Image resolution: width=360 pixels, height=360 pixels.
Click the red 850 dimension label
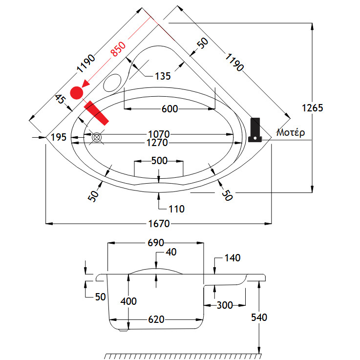tap(119, 49)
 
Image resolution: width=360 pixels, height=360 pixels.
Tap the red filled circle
tap(77, 92)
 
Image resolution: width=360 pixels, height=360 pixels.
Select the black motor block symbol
tap(254, 129)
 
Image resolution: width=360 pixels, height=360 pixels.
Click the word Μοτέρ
tap(291, 132)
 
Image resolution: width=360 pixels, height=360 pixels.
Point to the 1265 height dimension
tap(312, 108)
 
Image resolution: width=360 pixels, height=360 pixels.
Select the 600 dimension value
tap(169, 108)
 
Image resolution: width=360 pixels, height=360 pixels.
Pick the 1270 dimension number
tap(159, 143)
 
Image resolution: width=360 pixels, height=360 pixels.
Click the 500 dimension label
tap(159, 161)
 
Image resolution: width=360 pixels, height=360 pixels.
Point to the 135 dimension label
tap(163, 76)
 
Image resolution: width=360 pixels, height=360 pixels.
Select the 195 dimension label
tap(58, 138)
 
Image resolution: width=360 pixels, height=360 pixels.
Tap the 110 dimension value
tap(176, 209)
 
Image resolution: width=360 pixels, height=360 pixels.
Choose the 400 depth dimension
tap(128, 301)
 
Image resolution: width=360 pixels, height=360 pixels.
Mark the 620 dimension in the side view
tap(156, 319)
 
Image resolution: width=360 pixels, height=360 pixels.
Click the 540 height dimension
tap(259, 318)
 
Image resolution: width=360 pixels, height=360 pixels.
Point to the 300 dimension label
tap(224, 305)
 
